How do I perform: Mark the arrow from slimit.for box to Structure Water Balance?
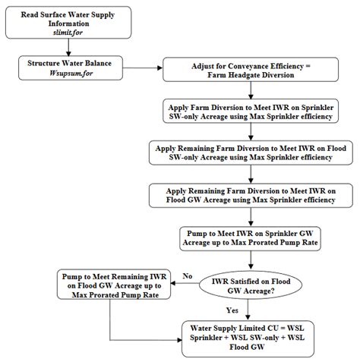tap(62, 49)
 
